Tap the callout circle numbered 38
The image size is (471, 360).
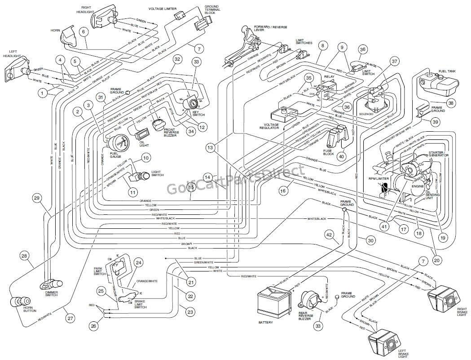[451, 103]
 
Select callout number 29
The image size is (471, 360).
[37, 198]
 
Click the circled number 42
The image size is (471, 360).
[329, 234]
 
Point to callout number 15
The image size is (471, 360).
[191, 187]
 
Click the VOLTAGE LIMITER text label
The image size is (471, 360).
[162, 9]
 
